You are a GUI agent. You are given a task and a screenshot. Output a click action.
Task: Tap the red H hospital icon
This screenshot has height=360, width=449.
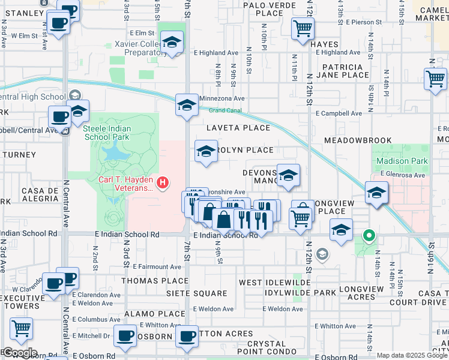(x=162, y=182)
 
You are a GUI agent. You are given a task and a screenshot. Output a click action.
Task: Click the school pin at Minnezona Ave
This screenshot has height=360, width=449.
(x=187, y=105)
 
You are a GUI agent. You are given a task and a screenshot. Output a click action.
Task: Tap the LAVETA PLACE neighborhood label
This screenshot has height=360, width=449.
(x=238, y=128)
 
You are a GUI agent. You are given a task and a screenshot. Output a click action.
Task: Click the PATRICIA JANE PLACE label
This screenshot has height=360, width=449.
(x=345, y=71)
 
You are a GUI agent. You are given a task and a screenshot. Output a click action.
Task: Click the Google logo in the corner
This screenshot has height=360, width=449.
(x=19, y=352)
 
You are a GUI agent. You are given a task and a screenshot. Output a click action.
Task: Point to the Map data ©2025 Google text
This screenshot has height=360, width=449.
(x=411, y=355)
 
